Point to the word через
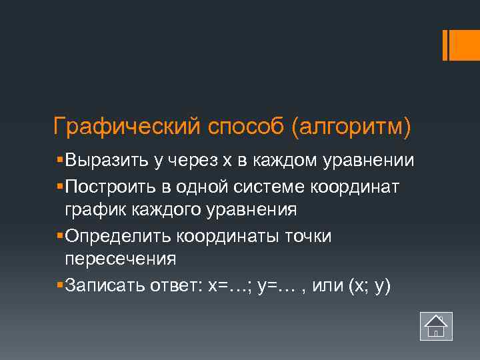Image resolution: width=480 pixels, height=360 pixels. (195, 161)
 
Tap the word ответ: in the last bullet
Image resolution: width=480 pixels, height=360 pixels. (178, 285)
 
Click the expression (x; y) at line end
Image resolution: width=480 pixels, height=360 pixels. (369, 285)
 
